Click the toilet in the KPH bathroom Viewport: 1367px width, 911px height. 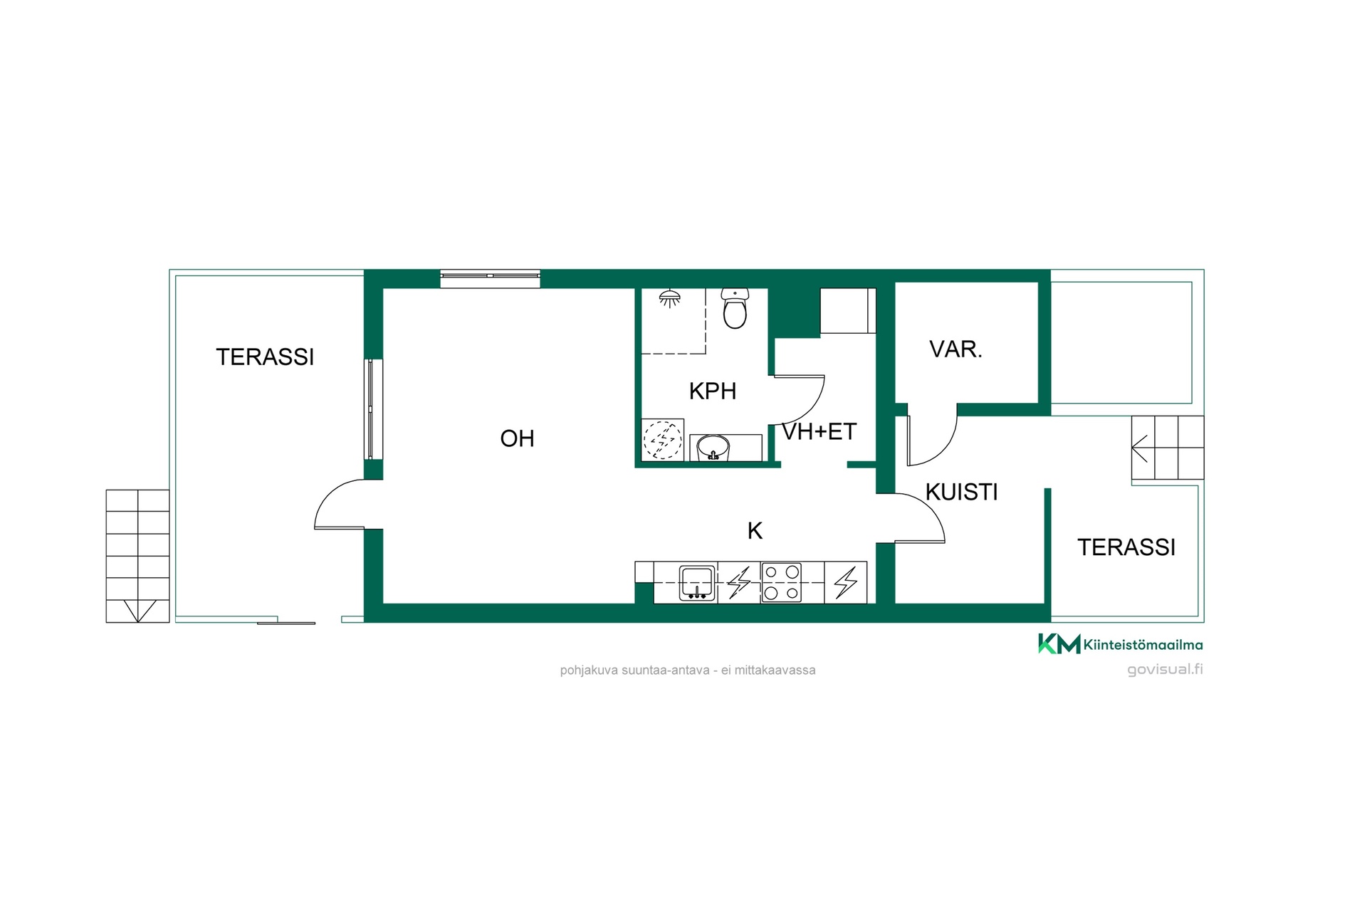pos(735,307)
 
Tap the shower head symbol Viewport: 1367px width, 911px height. pos(669,299)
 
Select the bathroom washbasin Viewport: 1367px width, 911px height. pos(713,448)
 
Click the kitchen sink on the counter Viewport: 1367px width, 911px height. pos(698,583)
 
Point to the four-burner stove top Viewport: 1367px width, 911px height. pos(781,582)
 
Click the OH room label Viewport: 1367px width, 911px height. pos(517,438)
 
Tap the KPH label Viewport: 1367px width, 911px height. pos(712,391)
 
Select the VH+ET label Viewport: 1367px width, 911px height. pos(819,431)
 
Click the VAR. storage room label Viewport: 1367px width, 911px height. pos(955,349)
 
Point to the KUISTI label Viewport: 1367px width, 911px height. pos(961,492)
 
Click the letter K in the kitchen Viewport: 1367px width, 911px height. pos(755,530)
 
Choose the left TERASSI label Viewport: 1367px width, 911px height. pos(265,357)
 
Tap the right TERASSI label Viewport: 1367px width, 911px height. pos(1126,547)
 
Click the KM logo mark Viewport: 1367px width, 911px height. pos(1059,643)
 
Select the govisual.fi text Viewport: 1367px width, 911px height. pos(1165,669)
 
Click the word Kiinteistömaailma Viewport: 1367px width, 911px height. pos(1143,645)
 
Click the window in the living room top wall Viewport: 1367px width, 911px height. pos(490,278)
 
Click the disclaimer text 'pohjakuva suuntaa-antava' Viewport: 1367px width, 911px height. pos(634,670)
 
